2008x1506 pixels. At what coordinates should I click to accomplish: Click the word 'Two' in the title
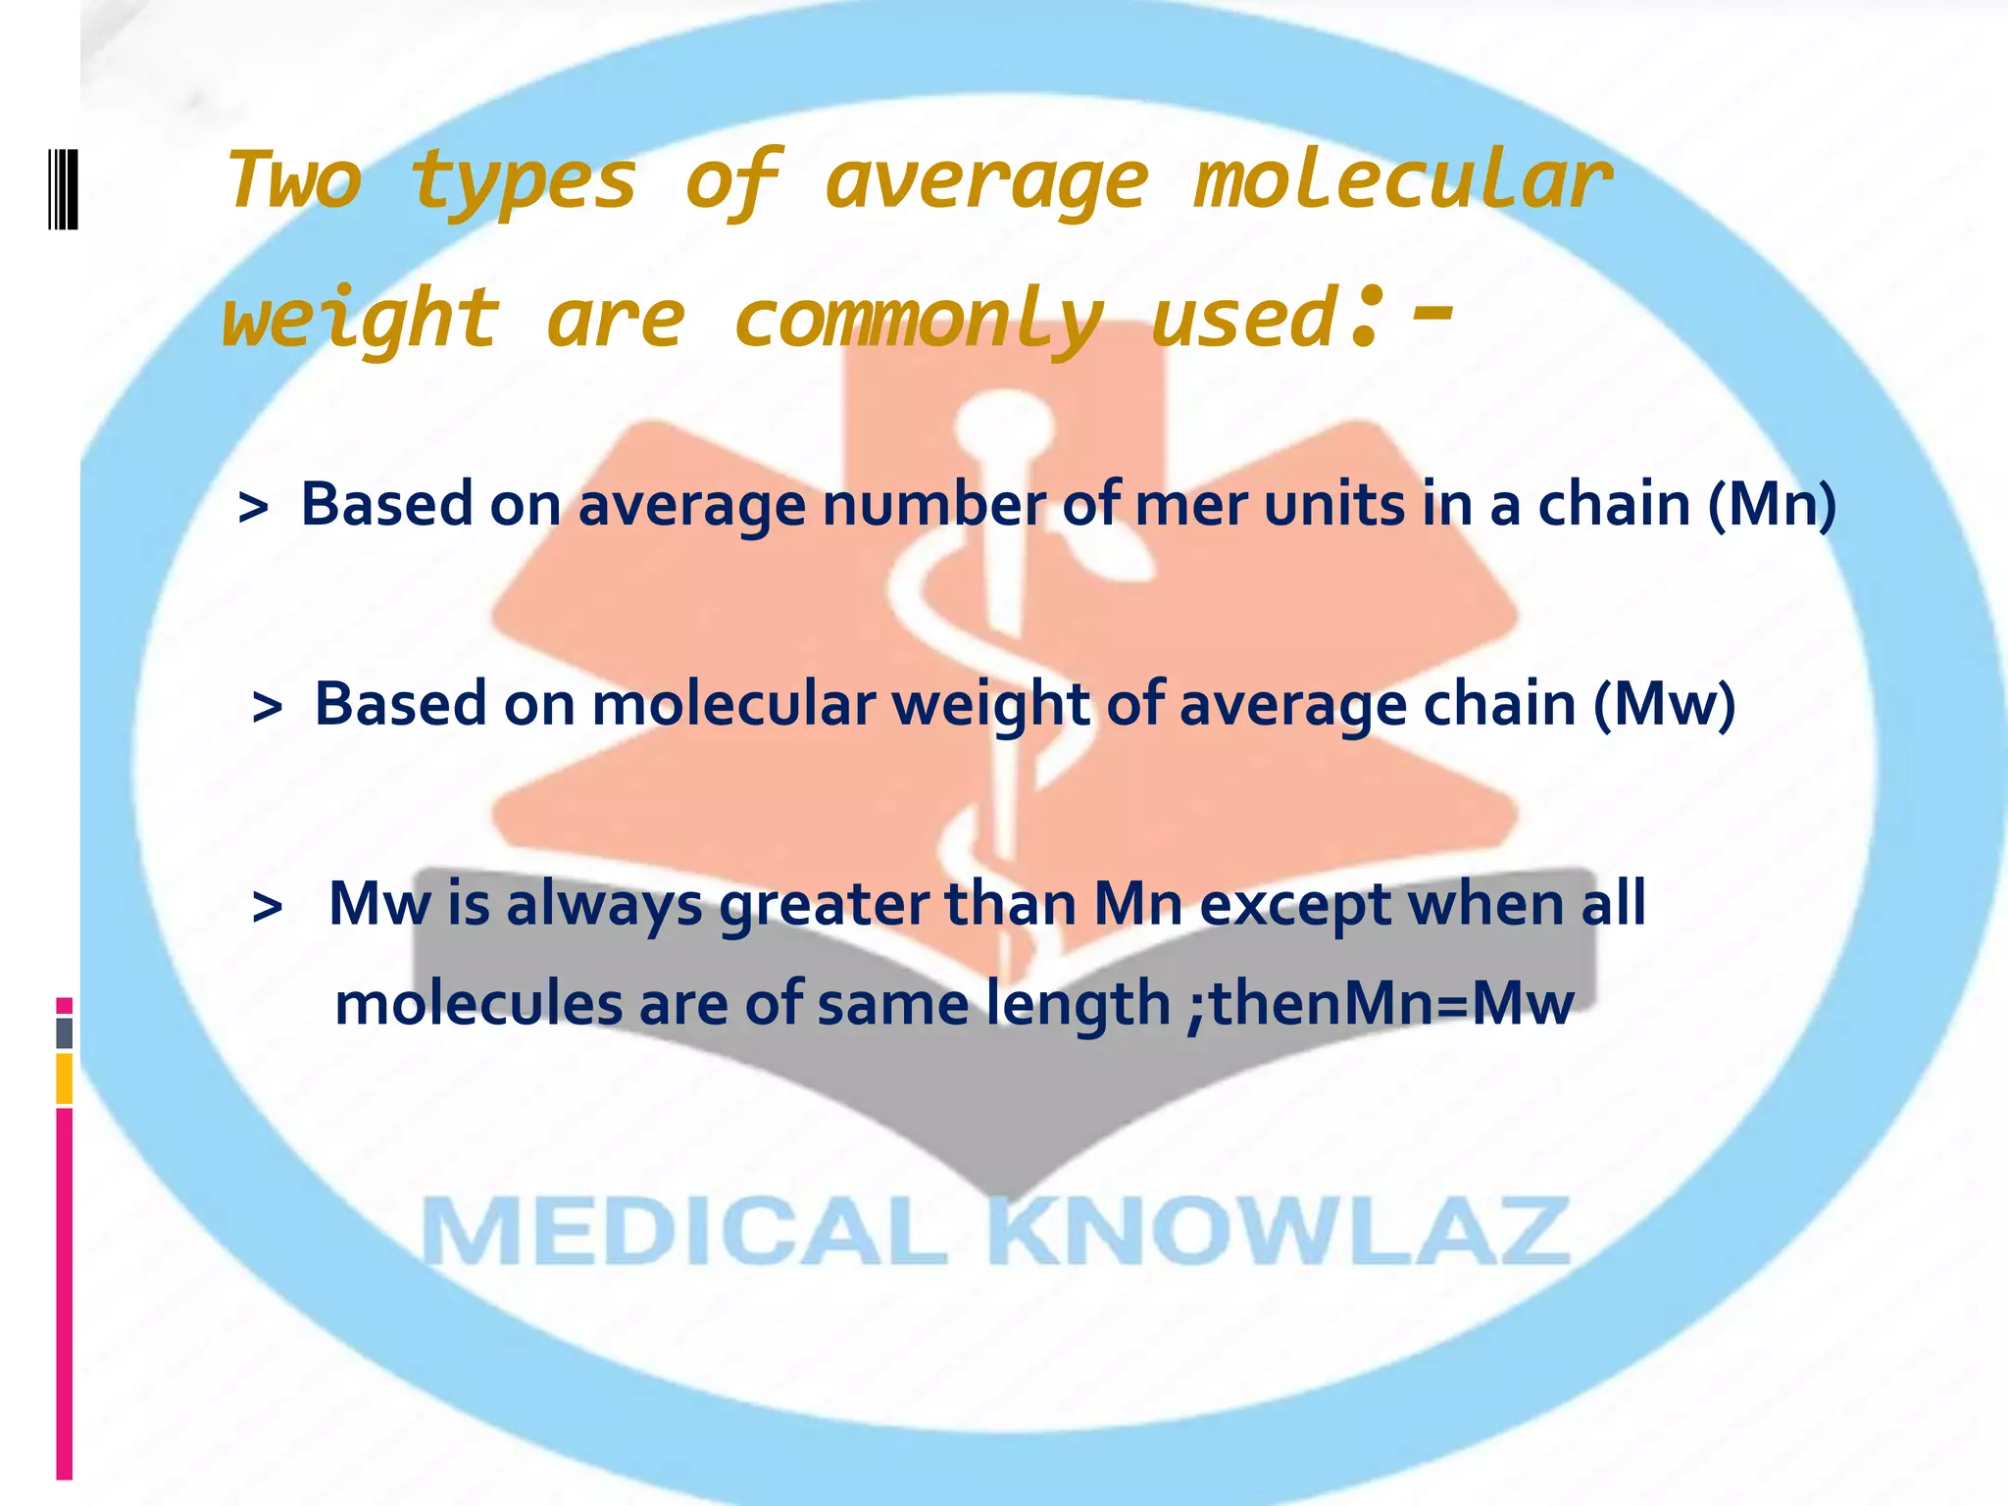293,181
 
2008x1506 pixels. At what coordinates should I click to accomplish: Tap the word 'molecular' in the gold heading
1402,181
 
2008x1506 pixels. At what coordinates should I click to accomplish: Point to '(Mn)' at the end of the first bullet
1772,505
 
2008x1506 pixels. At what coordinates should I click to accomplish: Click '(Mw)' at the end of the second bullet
1664,705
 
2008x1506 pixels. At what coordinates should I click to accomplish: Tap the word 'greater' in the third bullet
824,905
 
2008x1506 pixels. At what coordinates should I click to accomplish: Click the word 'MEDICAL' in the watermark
684,1232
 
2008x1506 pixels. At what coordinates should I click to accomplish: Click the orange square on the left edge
65,1079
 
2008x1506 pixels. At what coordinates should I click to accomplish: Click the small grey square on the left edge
65,1032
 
